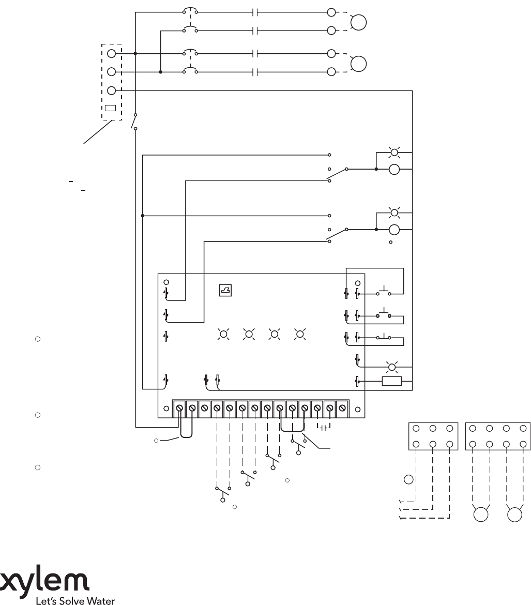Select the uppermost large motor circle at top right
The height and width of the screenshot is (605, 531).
tap(358, 22)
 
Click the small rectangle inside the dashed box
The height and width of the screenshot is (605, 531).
tap(110, 109)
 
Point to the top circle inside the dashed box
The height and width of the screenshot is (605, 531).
tap(111, 53)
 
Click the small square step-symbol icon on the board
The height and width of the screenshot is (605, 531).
tap(225, 291)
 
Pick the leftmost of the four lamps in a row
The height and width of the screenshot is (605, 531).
tap(223, 334)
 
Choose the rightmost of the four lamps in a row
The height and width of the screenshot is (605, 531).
tap(299, 334)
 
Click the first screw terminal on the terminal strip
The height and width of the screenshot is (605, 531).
tap(179, 409)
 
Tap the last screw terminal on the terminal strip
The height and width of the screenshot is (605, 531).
tap(342, 409)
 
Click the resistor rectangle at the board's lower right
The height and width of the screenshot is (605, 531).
tap(392, 382)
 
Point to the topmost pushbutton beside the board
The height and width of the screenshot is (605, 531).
tap(384, 291)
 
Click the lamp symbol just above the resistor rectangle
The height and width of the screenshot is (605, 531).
tap(392, 367)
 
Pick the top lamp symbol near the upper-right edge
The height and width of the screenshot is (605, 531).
tap(395, 153)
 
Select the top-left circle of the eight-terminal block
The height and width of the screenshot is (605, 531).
tap(473, 428)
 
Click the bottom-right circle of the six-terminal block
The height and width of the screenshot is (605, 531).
tap(450, 444)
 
